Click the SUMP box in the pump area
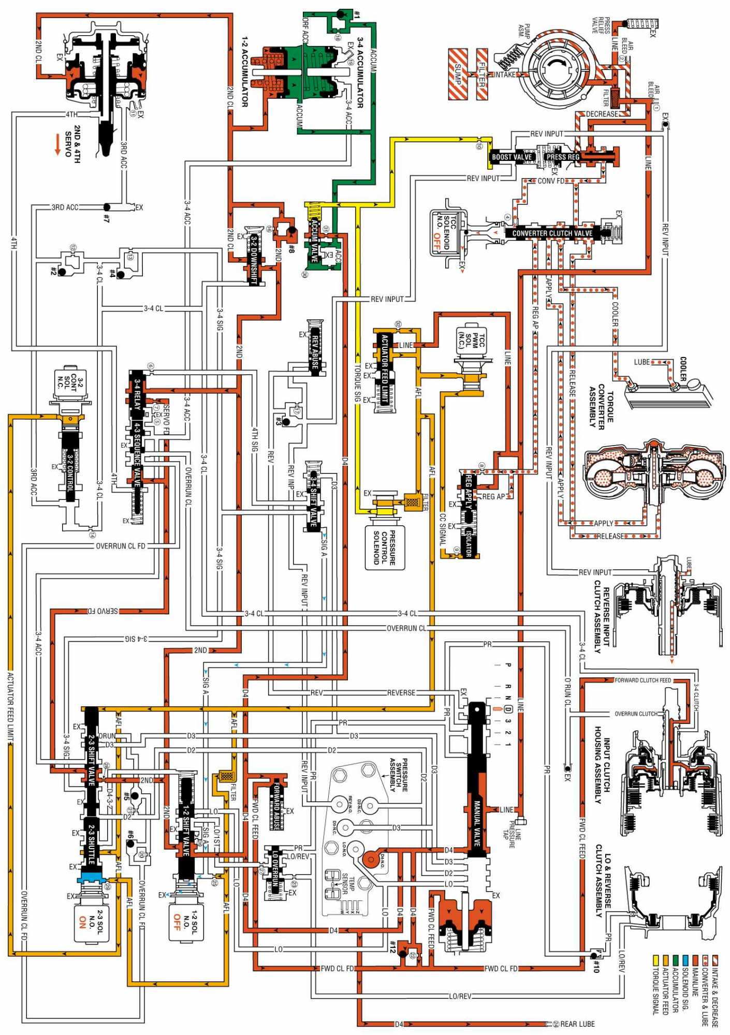pos(458,74)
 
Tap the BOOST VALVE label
pos(512,157)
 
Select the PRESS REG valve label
pos(563,157)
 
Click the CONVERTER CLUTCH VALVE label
pos(552,233)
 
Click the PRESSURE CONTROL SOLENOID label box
pos(385,548)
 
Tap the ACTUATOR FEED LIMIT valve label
pos(384,368)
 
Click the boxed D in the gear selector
pos(508,709)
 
